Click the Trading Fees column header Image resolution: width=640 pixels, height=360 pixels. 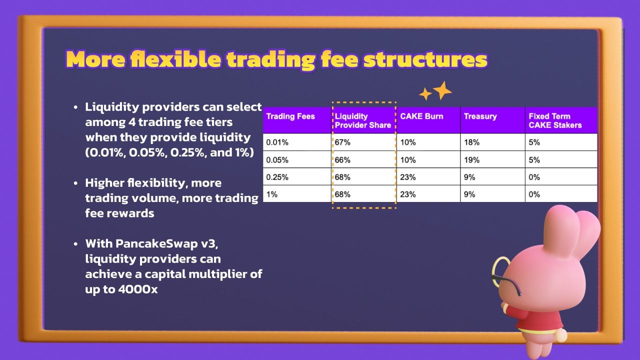290,116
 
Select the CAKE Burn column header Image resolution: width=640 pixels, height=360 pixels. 421,116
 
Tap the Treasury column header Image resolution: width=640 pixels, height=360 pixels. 480,116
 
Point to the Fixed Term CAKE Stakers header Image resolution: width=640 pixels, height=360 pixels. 555,120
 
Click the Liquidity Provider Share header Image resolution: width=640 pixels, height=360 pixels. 363,120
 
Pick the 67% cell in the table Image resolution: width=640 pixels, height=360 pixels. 342,142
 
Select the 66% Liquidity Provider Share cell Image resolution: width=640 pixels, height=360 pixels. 342,159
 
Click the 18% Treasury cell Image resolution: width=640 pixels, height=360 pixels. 471,142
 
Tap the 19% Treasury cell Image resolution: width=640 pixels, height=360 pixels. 471,159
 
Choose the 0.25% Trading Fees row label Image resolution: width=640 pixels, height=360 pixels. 277,177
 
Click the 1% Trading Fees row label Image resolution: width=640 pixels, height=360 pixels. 271,194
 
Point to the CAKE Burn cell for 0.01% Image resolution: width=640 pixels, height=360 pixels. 407,142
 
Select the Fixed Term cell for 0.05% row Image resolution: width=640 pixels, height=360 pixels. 534,159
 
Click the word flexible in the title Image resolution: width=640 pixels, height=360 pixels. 175,59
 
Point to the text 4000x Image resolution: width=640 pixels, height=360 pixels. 137,289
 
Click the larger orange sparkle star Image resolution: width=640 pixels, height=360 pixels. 442,90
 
